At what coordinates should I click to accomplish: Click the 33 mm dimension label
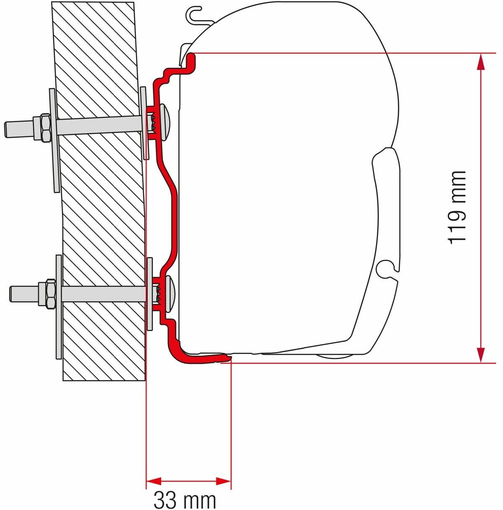tap(185, 500)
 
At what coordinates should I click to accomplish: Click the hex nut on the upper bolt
tap(44, 126)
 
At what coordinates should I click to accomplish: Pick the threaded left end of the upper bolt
tap(17, 128)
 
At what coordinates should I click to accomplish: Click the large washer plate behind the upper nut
tap(53, 140)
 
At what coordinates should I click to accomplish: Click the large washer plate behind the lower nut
tap(59, 307)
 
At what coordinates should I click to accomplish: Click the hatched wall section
tap(100, 209)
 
